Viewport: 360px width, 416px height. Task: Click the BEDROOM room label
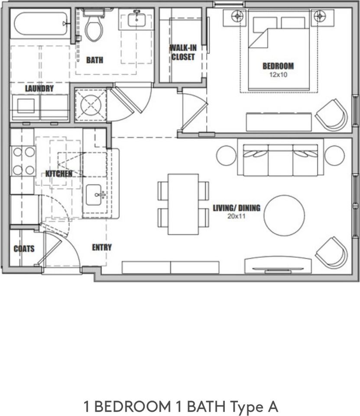pyautogui.click(x=278, y=66)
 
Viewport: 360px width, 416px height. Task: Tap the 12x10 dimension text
pyautogui.click(x=278, y=75)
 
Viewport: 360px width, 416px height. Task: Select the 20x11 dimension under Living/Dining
pyautogui.click(x=237, y=216)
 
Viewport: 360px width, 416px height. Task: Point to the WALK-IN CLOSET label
pyautogui.click(x=183, y=52)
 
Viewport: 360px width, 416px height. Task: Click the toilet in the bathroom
pyautogui.click(x=94, y=26)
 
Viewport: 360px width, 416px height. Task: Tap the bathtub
pyautogui.click(x=41, y=24)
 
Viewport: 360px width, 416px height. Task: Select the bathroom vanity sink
pyautogui.click(x=136, y=19)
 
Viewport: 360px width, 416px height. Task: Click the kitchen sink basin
pyautogui.click(x=94, y=195)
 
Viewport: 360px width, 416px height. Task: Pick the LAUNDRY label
pyautogui.click(x=39, y=88)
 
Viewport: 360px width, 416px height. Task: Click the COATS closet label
pyautogui.click(x=24, y=249)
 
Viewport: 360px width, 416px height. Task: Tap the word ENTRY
pyautogui.click(x=102, y=247)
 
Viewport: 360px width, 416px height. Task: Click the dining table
pyautogui.click(x=183, y=204)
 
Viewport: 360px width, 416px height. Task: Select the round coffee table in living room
pyautogui.click(x=284, y=216)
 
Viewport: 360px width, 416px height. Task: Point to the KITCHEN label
pyautogui.click(x=58, y=174)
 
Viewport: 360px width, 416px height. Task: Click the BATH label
pyautogui.click(x=95, y=60)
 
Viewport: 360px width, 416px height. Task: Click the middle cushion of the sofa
pyautogui.click(x=280, y=160)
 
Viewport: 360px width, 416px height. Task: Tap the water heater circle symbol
pyautogui.click(x=91, y=105)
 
